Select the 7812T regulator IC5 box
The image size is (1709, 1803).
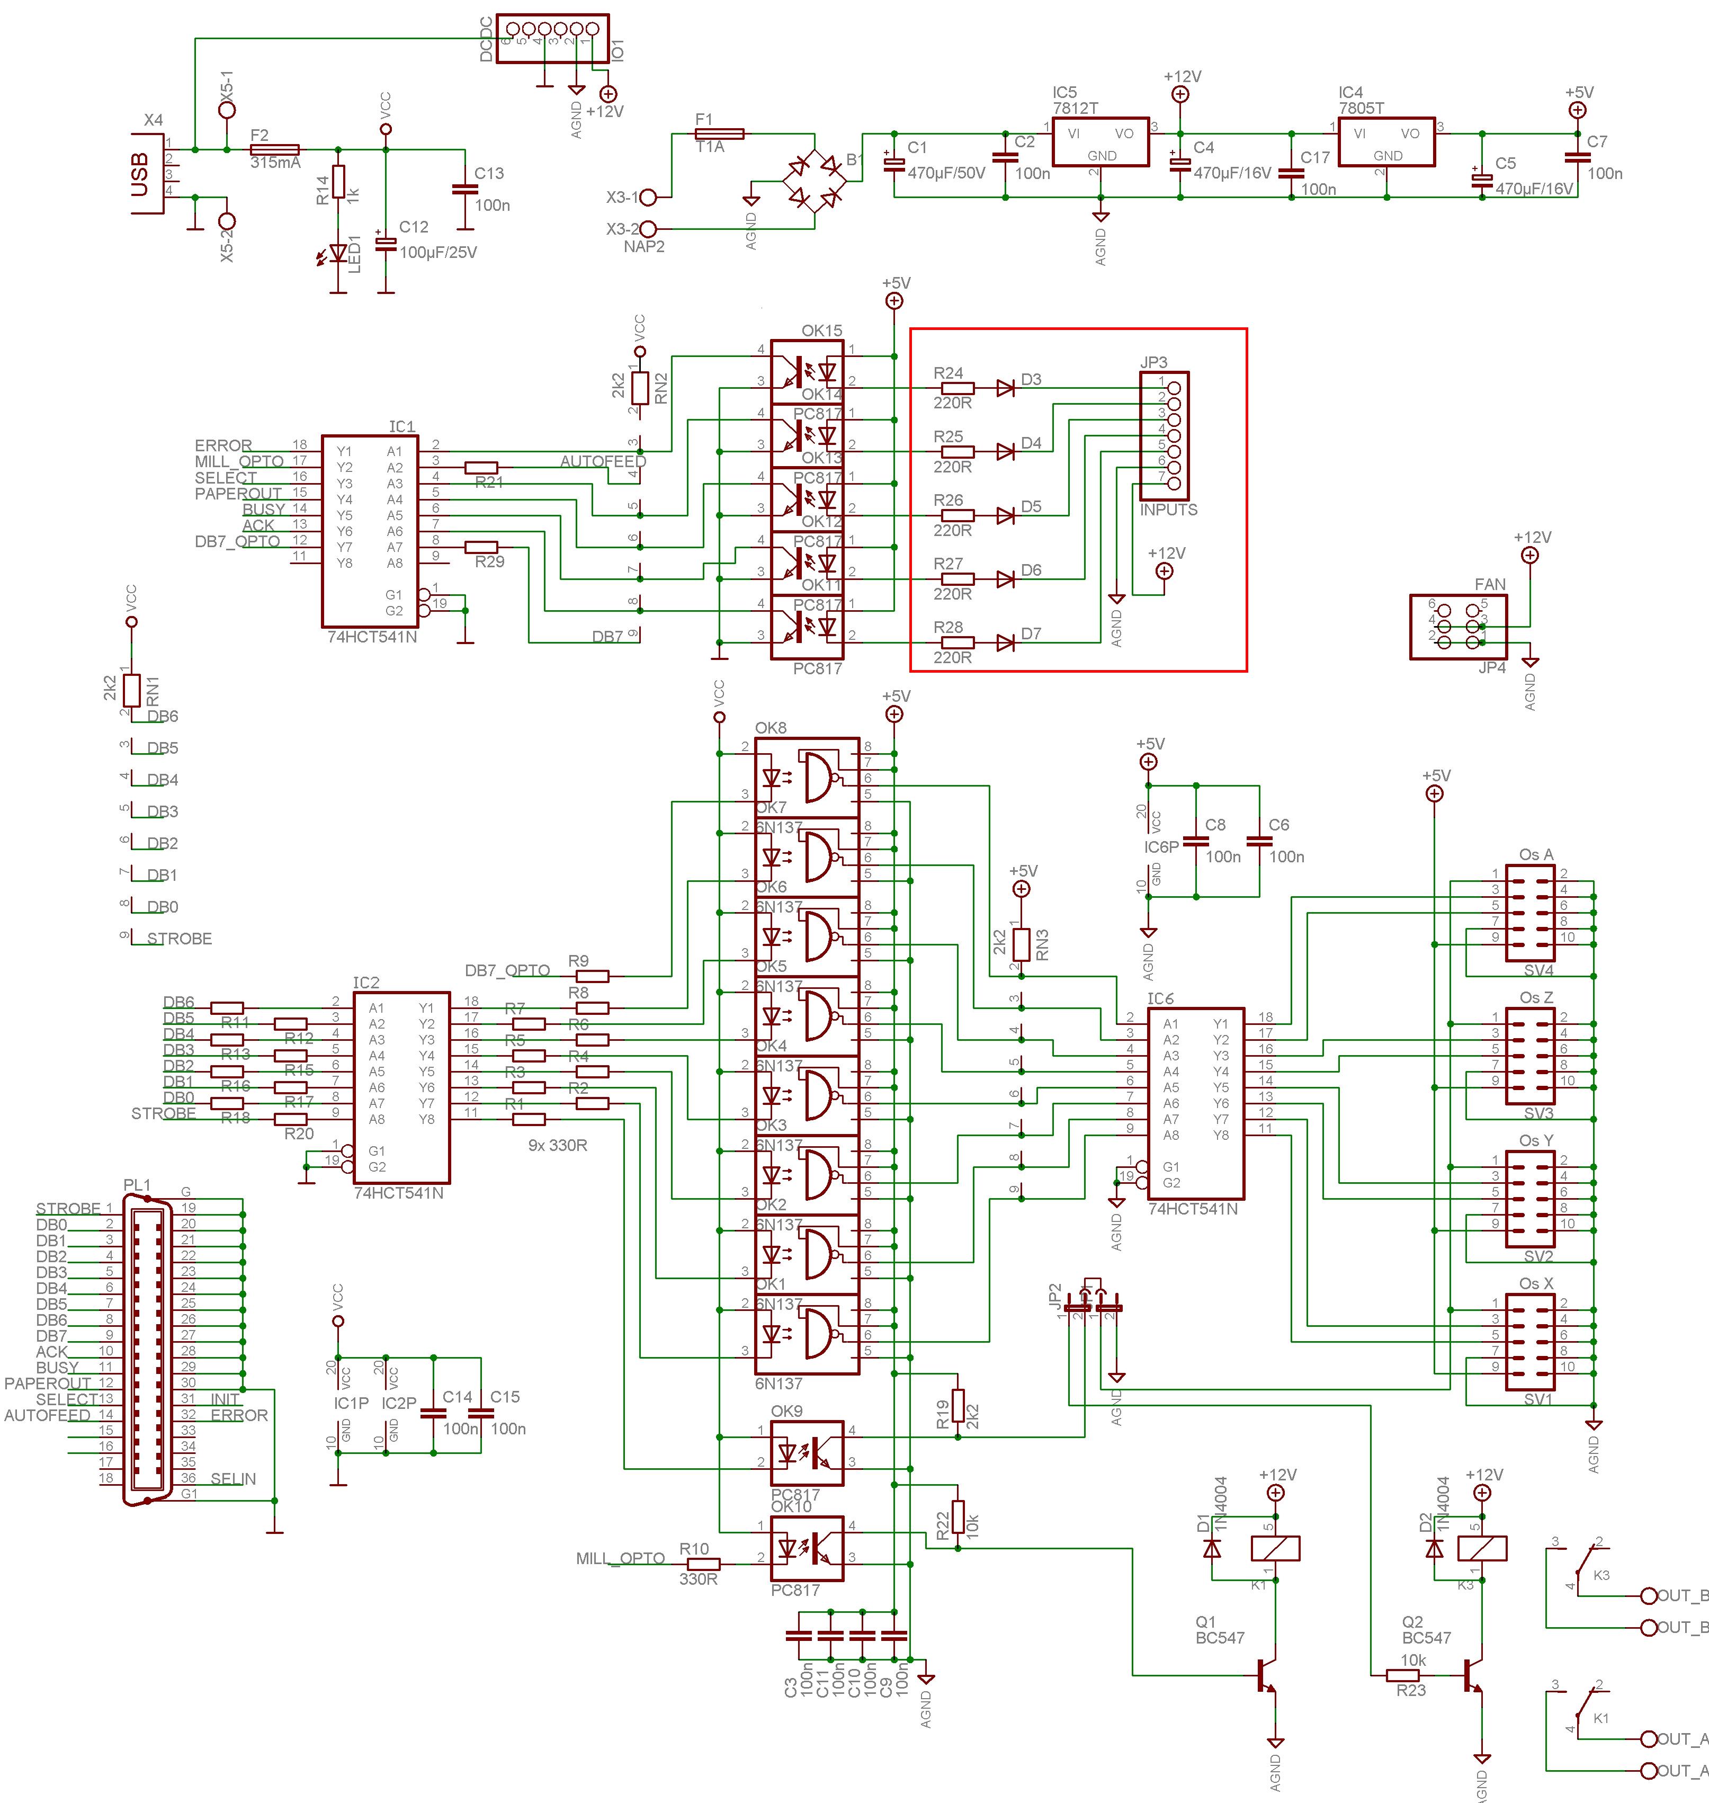1100,142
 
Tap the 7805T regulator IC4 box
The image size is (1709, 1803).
1386,142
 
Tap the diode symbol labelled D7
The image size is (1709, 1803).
1006,643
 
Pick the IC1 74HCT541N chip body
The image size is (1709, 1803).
370,530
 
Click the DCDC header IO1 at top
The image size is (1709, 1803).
553,38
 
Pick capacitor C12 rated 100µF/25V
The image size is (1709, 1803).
386,244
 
